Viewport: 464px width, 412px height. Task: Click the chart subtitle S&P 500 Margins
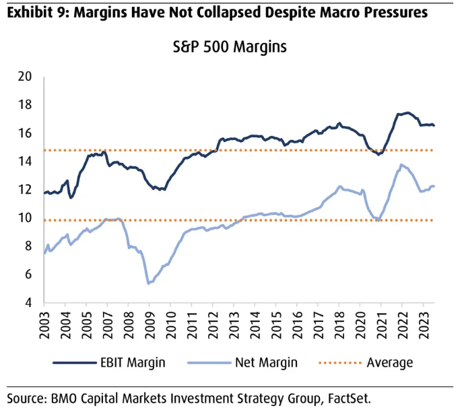pos(231,48)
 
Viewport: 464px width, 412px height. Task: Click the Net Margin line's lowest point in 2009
pos(148,283)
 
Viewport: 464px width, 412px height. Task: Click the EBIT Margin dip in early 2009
pos(160,189)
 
